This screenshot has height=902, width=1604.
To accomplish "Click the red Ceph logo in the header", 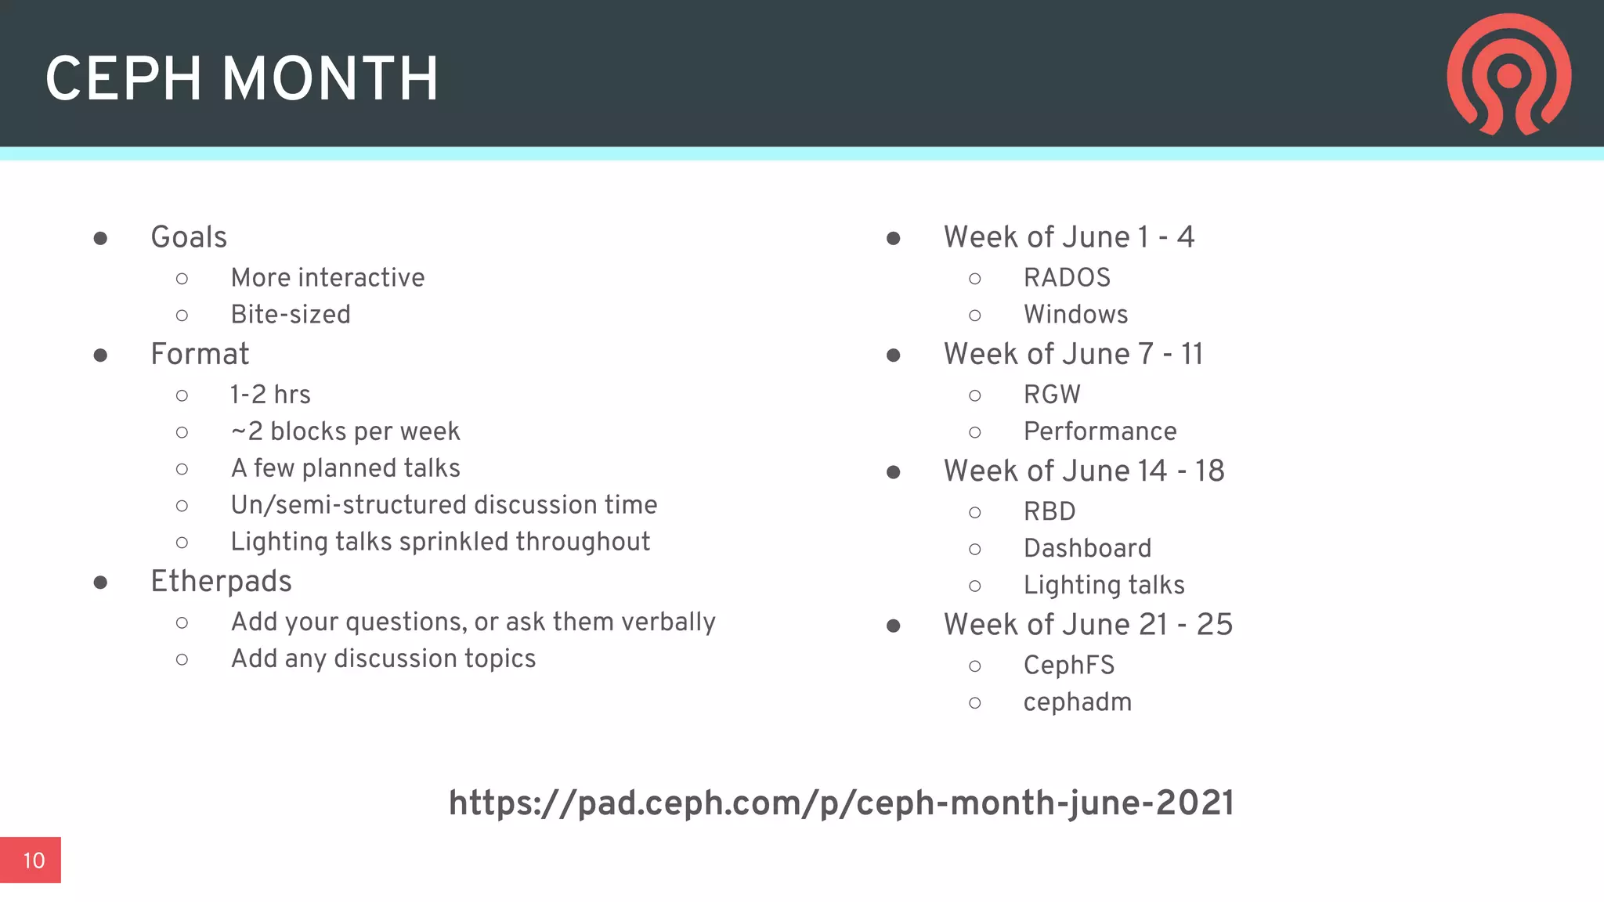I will coord(1508,74).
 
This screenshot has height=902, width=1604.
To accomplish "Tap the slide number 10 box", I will coord(31,860).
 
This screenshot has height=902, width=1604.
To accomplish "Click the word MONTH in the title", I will coord(330,79).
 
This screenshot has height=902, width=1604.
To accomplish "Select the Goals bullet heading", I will coord(189,237).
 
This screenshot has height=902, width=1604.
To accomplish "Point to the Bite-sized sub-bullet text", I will coord(291,315).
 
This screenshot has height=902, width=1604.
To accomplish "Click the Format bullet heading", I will coord(200,354).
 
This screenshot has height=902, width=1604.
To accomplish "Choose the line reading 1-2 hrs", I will coord(270,395).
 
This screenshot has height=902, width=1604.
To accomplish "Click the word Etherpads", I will coord(221,582).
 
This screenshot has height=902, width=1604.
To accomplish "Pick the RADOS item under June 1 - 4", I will coord(1067,278).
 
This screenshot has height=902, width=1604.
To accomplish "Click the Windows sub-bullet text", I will coord(1075,315).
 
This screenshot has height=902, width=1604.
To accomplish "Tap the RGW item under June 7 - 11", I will coord(1052,395).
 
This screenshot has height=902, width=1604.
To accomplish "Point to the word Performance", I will coord(1100,431).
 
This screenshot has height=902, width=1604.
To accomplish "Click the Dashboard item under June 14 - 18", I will coord(1087,548).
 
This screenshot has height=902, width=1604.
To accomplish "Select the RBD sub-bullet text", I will coord(1049,511).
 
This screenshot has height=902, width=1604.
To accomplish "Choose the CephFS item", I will coord(1068,666).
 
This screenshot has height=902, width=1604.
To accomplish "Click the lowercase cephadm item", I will coord(1077,702).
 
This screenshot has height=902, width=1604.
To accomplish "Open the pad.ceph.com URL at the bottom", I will coord(840,803).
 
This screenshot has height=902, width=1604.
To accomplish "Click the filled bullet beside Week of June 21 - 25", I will coord(893,626).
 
